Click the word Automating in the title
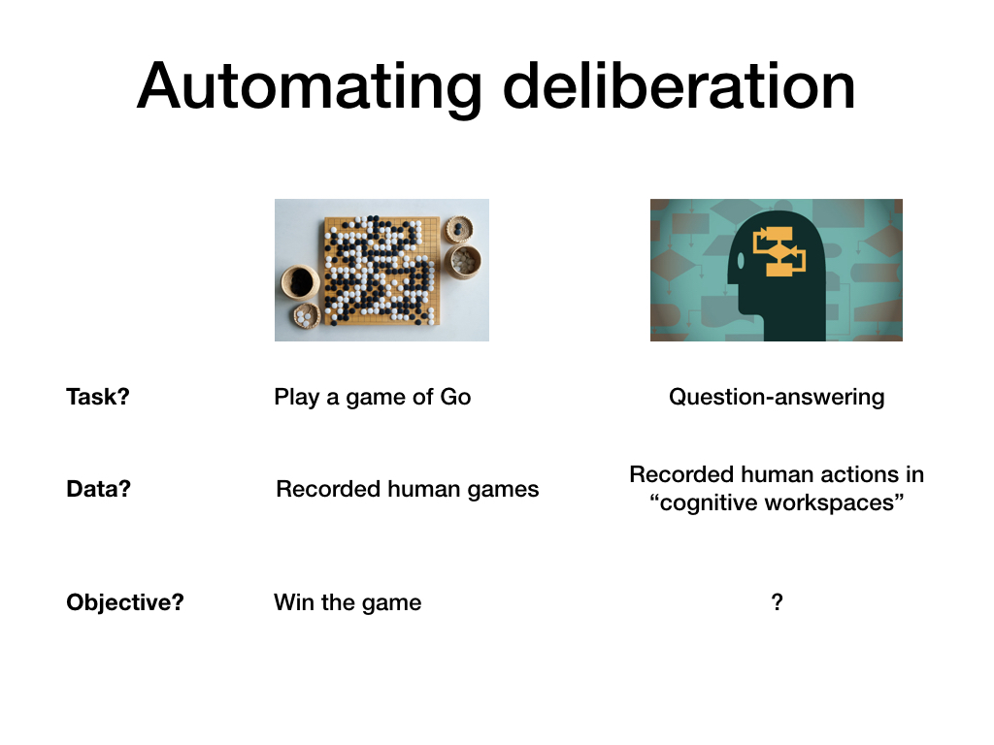click(310, 86)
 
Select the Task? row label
click(98, 397)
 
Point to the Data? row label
click(98, 489)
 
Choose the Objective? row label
click(125, 601)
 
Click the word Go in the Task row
click(455, 397)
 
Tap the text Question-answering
click(777, 397)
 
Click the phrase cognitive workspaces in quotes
click(777, 502)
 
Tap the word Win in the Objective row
click(294, 601)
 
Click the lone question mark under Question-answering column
click(778, 601)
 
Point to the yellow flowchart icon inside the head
click(779, 251)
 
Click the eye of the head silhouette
click(741, 260)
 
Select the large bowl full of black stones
click(300, 282)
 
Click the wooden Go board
click(381, 272)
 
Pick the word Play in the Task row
click(297, 397)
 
